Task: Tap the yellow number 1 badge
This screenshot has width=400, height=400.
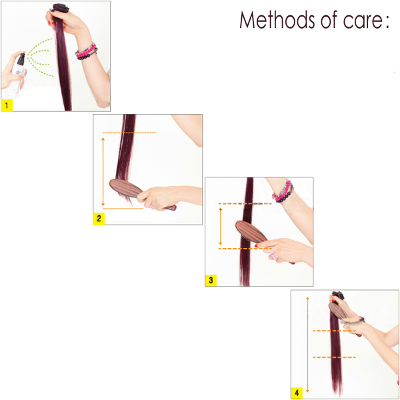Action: [x=7, y=105]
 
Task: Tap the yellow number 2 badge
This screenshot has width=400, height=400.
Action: [x=99, y=219]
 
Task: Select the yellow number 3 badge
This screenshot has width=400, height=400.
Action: [x=211, y=280]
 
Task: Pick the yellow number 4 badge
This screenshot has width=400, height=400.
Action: [x=297, y=393]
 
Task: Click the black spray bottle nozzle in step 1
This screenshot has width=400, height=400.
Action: [x=21, y=59]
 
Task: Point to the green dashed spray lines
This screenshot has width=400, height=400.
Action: [x=40, y=57]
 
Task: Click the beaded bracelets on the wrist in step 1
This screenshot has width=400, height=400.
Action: [x=86, y=52]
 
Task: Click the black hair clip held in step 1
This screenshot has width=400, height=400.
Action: [x=61, y=7]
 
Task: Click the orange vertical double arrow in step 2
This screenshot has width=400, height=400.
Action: [x=103, y=171]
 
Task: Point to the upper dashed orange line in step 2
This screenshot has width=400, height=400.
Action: [x=129, y=133]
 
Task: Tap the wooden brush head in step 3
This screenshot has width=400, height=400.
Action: [x=251, y=231]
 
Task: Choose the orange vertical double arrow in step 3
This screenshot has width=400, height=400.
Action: [x=221, y=226]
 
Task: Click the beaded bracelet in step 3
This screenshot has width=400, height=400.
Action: [x=283, y=191]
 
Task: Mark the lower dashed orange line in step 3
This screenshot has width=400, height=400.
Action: [x=245, y=249]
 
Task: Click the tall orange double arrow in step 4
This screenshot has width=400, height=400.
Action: [x=307, y=345]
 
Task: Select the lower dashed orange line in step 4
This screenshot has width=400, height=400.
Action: [x=334, y=357]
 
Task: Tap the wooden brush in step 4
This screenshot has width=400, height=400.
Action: [x=343, y=318]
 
